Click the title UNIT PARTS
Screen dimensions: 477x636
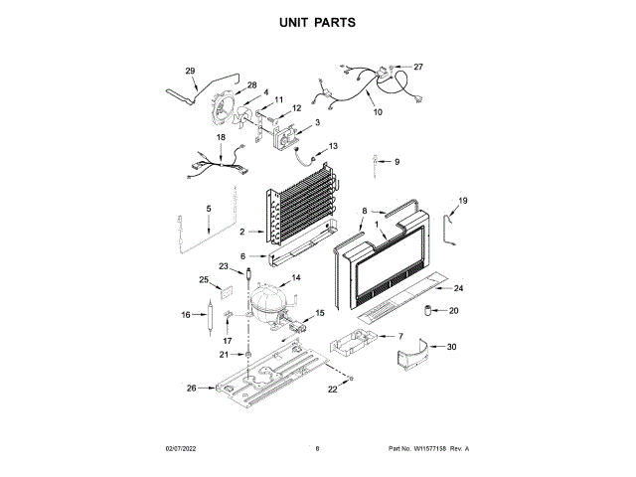pos(317,21)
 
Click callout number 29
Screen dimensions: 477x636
pos(190,71)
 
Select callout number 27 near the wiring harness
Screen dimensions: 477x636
pos(418,68)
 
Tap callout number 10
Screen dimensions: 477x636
pos(378,112)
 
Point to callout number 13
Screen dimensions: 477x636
pos(334,146)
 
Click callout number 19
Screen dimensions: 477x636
pos(462,202)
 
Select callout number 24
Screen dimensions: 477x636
pos(459,288)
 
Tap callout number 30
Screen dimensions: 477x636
pos(452,347)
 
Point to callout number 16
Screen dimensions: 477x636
pos(185,315)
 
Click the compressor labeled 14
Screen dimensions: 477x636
pos(269,301)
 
